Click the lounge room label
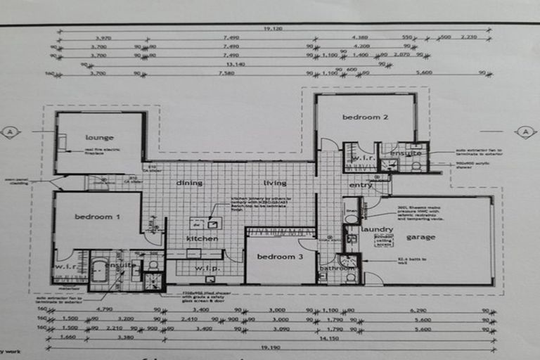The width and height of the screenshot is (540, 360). pos(99,138)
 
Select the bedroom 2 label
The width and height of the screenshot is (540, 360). pos(366,117)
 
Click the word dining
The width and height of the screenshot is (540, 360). pos(190,184)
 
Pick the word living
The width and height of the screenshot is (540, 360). pos(275,184)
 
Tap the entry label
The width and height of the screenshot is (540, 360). pos(361,186)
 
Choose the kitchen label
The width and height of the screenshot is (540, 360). pos(202,239)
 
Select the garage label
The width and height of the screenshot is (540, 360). pos(420,238)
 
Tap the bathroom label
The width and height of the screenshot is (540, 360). pos(337,268)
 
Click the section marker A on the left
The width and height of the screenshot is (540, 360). pos(10,131)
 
